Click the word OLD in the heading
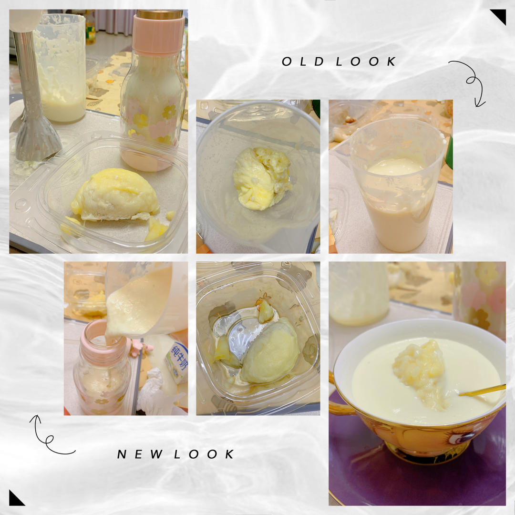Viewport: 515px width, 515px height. coord(303,62)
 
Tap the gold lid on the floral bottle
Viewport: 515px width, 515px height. coord(160,14)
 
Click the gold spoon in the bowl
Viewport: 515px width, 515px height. coord(482,390)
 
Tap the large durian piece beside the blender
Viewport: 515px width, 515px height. coord(115,195)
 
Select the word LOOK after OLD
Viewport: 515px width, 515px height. coord(366,62)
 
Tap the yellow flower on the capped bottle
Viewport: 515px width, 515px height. coord(169,112)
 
